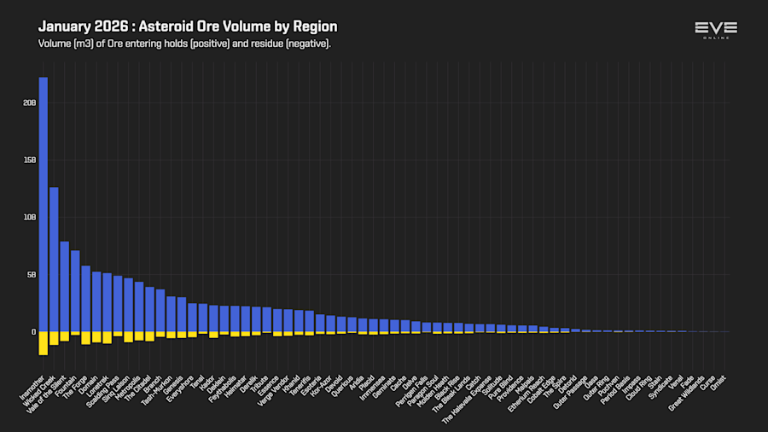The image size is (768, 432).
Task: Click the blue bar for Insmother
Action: point(43,205)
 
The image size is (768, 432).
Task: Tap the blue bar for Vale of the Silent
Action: point(64,287)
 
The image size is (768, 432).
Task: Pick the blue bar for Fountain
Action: point(75,291)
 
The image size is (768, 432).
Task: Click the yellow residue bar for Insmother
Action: point(43,342)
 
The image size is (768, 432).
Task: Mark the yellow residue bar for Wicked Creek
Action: point(54,338)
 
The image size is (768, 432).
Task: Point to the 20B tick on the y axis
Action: point(29,102)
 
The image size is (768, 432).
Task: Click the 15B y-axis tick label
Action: point(29,160)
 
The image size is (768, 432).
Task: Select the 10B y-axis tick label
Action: point(29,217)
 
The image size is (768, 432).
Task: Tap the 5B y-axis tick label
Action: point(31,275)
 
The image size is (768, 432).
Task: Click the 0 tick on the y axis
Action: point(33,332)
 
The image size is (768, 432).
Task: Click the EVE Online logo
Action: point(715,31)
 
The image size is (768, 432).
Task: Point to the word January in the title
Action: point(66,26)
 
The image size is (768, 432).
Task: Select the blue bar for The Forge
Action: point(85,299)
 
